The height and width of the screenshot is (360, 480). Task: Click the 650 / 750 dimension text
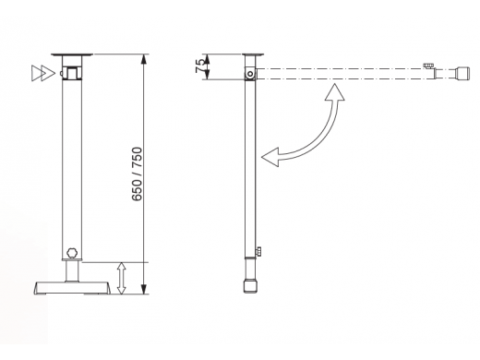(138, 174)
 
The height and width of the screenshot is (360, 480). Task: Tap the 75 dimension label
(199, 66)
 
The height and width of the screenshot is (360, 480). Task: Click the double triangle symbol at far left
(43, 73)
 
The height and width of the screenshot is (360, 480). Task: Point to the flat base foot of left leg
(72, 288)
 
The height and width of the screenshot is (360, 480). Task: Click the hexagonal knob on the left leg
(72, 253)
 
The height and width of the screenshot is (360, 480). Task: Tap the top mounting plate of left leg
(72, 54)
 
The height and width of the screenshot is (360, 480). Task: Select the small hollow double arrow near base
(122, 278)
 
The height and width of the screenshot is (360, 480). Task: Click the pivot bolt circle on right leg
(250, 74)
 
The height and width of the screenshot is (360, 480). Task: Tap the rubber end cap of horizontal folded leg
(462, 73)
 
